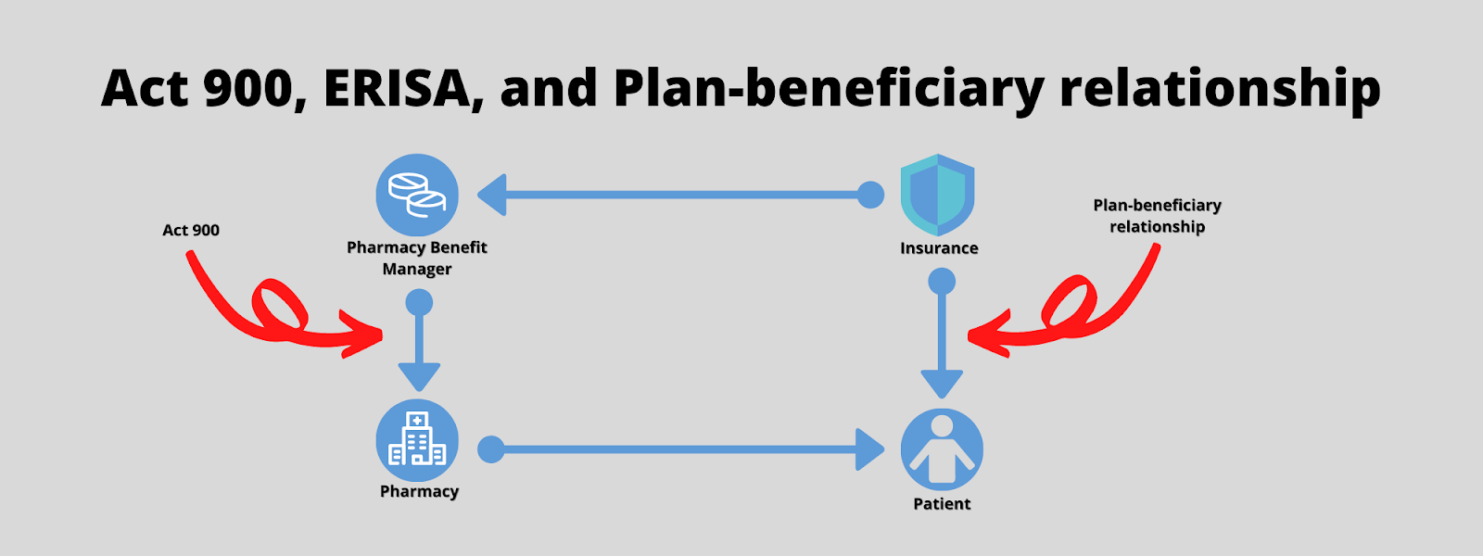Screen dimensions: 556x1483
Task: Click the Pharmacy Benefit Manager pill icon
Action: point(417,195)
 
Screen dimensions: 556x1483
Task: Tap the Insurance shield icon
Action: point(937,195)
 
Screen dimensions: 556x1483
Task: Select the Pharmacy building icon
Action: point(417,440)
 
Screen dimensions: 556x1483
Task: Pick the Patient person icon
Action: point(942,449)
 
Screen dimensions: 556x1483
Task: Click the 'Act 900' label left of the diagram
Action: point(191,230)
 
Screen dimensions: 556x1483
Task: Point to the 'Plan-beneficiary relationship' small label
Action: point(1157,216)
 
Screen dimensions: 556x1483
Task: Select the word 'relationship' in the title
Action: point(1220,88)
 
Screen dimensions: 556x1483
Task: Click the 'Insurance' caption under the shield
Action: point(939,248)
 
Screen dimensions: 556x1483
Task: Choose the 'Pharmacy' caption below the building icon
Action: point(419,491)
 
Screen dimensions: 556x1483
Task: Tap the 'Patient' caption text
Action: point(942,504)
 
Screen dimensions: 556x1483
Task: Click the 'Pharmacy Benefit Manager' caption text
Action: point(417,258)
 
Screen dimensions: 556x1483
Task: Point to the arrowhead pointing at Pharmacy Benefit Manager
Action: point(492,195)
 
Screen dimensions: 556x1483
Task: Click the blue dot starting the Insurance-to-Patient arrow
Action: point(942,281)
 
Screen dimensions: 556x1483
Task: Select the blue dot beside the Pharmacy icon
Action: point(490,449)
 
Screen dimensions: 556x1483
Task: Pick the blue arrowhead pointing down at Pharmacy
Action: point(419,376)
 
